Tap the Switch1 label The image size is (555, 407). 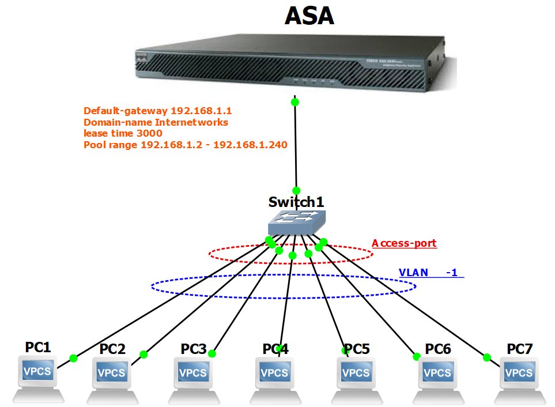[296, 202]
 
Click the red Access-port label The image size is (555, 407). [404, 243]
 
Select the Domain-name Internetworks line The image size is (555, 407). [156, 122]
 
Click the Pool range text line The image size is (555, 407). [185, 145]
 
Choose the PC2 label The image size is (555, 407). [112, 349]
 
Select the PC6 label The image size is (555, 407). [438, 349]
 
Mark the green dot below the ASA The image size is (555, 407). [295, 102]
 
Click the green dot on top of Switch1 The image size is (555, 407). [297, 190]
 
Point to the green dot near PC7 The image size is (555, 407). [487, 357]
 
